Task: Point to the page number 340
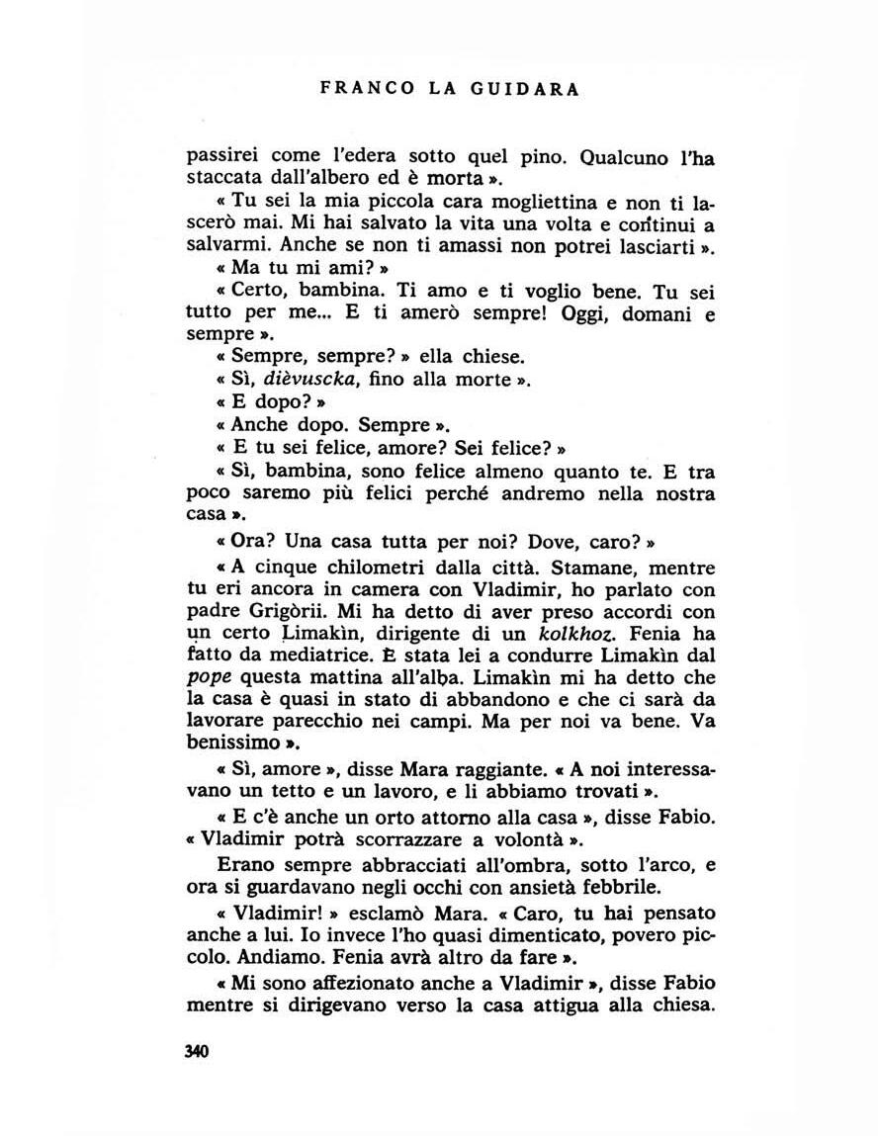pos(197,1051)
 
